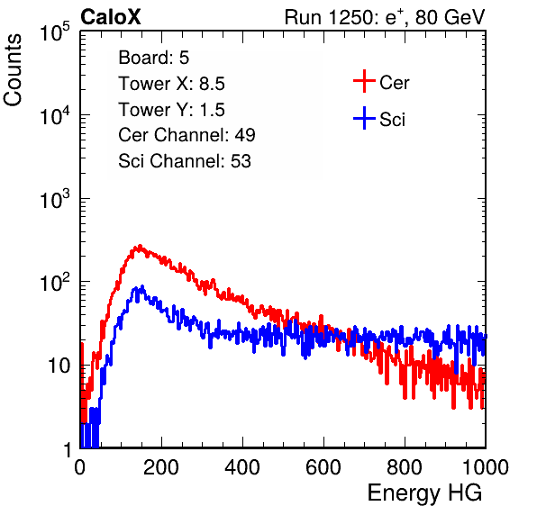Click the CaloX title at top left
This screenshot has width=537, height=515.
tap(110, 17)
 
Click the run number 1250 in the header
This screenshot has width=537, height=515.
tap(350, 17)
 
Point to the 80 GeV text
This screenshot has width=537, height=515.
tap(451, 17)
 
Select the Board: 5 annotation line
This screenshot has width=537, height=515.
tap(154, 58)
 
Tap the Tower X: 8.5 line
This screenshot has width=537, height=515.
tap(171, 84)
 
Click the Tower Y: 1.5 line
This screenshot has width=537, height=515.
tap(171, 110)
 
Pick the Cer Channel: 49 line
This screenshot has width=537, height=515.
tap(187, 135)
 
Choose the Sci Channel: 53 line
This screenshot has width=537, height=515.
tap(185, 161)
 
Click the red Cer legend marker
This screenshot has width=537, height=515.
tap(364, 81)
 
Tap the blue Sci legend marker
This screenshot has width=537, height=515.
tap(364, 118)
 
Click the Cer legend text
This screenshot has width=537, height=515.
tap(394, 83)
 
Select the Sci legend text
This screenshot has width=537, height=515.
tap(393, 120)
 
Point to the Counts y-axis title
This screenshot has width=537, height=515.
tap(13, 69)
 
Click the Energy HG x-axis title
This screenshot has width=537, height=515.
tap(424, 493)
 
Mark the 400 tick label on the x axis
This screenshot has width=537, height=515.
tap(242, 467)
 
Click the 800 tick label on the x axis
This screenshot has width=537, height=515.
tap(405, 467)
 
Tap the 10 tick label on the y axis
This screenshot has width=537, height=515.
tap(59, 366)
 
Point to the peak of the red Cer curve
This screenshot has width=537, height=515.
tap(140, 246)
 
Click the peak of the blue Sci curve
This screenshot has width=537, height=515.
tap(142, 286)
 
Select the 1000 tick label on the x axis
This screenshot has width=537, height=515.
tap(486, 467)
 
